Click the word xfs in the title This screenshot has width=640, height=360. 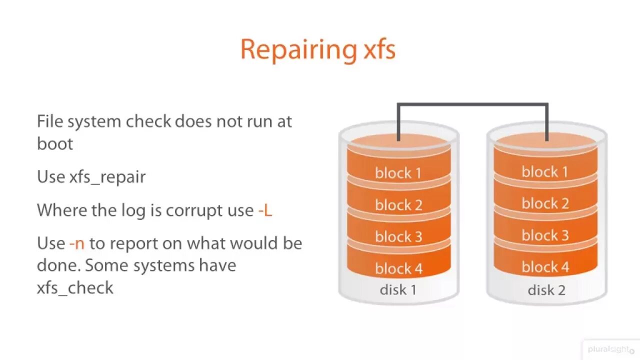377,49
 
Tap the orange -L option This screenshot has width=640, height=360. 265,210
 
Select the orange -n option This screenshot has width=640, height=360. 77,243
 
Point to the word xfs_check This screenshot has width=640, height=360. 75,288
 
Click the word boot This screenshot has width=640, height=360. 55,144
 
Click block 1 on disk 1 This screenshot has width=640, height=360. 398,173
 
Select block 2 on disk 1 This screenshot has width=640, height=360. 398,205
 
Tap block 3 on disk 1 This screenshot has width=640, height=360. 398,236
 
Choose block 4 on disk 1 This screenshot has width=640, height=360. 398,268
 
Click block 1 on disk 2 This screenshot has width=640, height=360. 545,172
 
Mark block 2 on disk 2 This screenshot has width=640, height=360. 545,203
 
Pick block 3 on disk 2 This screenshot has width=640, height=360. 545,235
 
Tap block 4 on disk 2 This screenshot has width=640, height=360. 545,267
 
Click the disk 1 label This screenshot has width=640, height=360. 398,290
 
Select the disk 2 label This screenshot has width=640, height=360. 546,290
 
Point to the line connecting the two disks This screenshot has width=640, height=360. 472,104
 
